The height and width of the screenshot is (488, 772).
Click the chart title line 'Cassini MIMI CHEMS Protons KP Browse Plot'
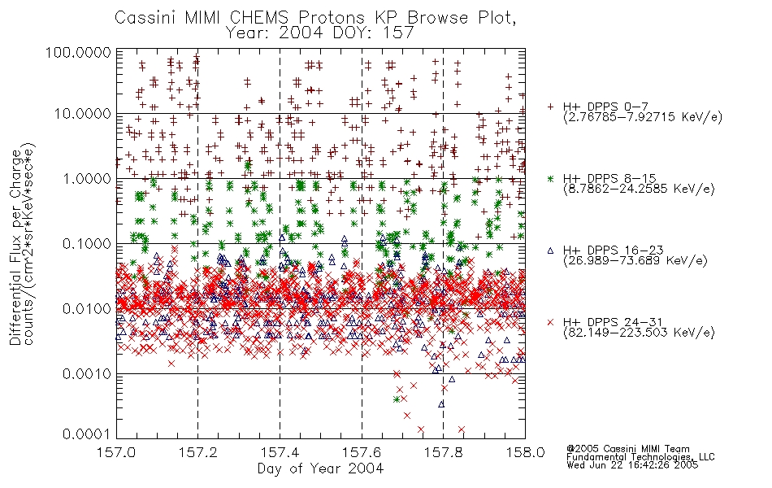pos(315,17)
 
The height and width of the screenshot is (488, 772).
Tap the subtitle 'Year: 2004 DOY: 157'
pos(320,33)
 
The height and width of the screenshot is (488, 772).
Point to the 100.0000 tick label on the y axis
pos(78,52)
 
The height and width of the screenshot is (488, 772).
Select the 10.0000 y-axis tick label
pos(83,114)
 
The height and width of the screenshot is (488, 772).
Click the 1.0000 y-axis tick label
pos(87,179)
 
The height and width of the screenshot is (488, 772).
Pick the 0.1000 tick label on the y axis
pos(87,244)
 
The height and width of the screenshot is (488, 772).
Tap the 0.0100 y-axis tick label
pos(87,309)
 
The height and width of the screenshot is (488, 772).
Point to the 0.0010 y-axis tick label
pos(87,374)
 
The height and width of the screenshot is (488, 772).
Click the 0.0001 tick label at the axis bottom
pos(87,434)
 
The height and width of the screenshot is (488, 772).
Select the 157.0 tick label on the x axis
pos(116,452)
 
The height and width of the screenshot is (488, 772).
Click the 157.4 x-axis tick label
pos(280,452)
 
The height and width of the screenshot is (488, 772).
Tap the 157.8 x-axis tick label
pos(443,452)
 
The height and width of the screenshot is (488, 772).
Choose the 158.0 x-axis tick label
pos(525,452)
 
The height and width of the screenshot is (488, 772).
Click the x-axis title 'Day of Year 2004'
pos(320,468)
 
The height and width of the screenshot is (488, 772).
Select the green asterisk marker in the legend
pos(550,179)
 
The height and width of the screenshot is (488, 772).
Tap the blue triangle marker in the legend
pos(550,251)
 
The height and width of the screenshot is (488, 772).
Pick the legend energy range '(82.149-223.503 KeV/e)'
pos(639,333)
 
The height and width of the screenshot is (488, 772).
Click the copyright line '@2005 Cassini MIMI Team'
pos(627,449)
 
